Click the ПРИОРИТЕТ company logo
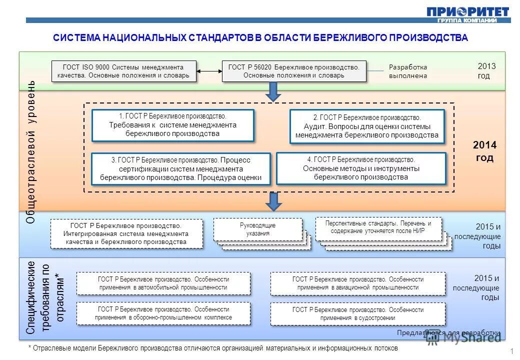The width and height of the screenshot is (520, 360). tap(468, 13)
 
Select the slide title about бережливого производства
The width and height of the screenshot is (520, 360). tap(260, 38)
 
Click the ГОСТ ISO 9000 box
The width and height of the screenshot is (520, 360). tap(123, 71)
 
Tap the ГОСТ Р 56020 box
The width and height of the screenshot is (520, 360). tap(294, 71)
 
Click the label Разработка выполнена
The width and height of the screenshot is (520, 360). tap(408, 71)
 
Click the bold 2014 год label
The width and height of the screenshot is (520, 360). tap(484, 151)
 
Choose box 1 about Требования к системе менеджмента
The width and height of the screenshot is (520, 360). tap(172, 125)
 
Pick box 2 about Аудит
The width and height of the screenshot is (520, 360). tap(367, 126)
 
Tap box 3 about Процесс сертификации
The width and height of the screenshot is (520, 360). tap(180, 168)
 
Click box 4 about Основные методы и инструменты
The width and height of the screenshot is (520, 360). tap(361, 168)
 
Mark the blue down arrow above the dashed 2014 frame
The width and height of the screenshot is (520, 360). tap(273, 91)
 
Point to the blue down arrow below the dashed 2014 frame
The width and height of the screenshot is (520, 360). tap(273, 201)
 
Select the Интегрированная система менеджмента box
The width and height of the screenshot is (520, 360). tap(126, 233)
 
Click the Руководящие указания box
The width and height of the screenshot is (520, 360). tap(258, 229)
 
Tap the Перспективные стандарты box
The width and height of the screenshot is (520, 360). tap(378, 227)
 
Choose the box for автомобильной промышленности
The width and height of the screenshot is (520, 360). tap(163, 283)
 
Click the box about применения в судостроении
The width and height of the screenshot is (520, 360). tap(357, 314)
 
